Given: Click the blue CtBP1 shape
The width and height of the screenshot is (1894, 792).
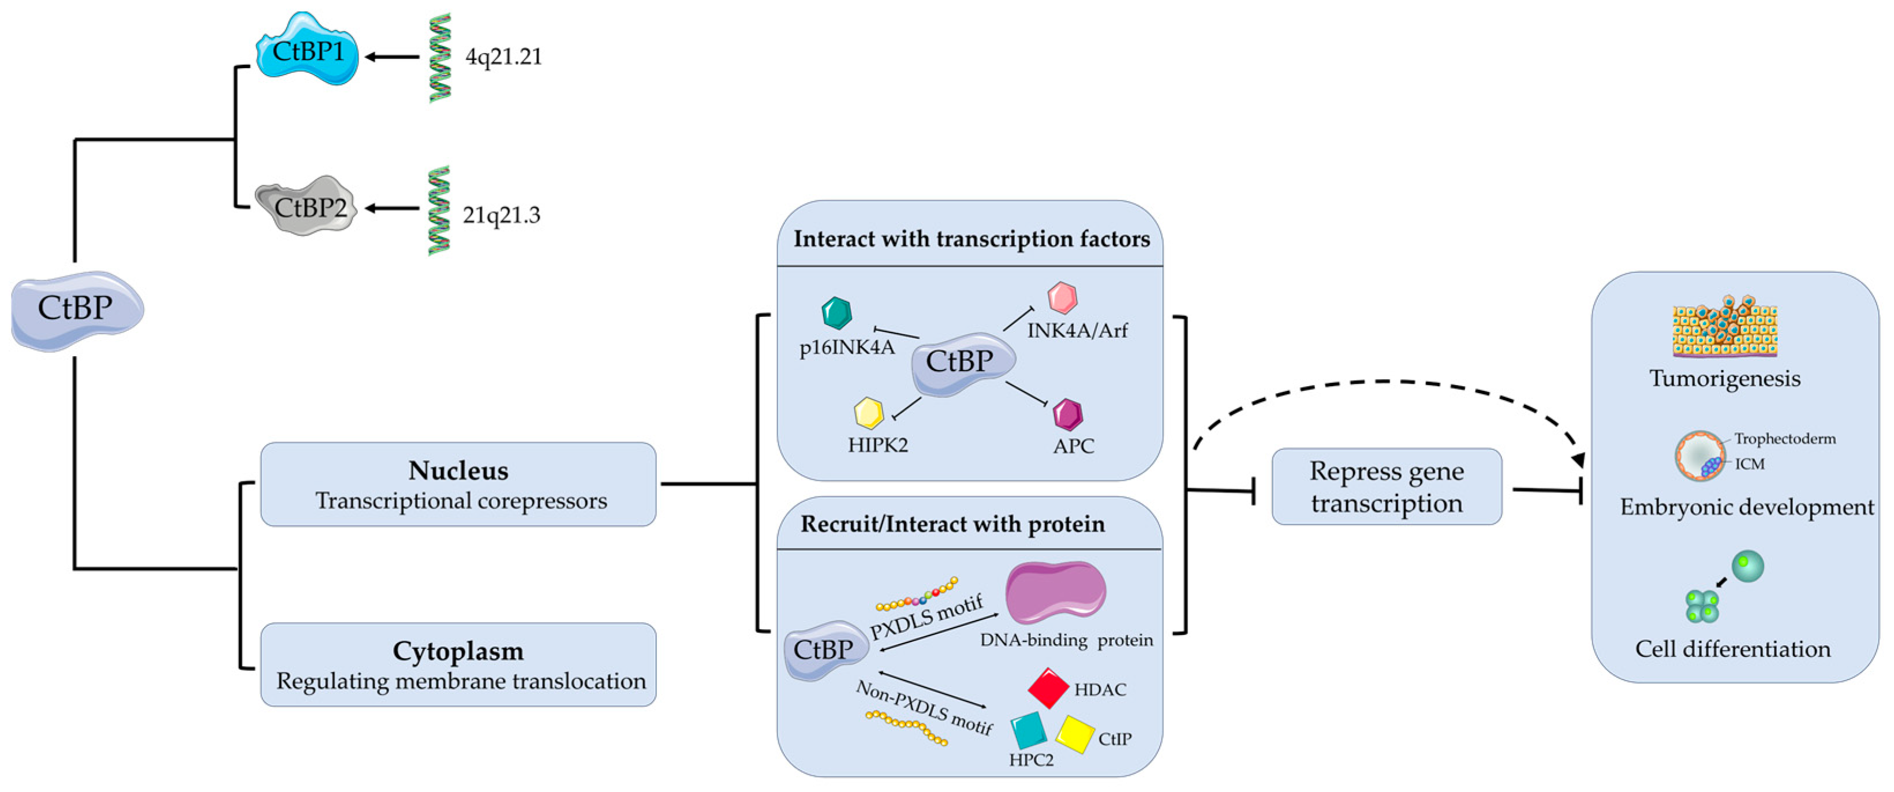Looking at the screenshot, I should [307, 50].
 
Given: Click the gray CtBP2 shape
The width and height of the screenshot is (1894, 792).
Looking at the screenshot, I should [307, 206].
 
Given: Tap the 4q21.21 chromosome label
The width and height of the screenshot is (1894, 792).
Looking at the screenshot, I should [503, 57].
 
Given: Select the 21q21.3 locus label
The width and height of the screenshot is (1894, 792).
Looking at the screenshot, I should [502, 215].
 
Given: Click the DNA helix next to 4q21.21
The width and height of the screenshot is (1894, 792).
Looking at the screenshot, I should [440, 57].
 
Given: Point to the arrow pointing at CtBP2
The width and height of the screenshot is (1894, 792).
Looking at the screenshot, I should [393, 208].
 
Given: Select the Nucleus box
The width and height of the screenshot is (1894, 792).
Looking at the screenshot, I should [458, 484].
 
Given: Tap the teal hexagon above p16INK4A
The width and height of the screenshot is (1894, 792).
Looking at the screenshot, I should [836, 312].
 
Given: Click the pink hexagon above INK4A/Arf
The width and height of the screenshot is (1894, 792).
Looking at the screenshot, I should [1062, 298].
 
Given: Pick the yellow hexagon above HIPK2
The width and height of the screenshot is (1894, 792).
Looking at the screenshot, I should [868, 413].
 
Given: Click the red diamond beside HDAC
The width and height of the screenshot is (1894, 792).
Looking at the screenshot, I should [1048, 688].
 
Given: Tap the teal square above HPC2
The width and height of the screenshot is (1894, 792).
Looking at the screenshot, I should [1028, 730].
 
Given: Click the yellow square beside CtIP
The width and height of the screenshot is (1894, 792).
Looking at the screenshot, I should [1075, 734].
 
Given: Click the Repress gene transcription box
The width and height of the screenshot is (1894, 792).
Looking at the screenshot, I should [1387, 486].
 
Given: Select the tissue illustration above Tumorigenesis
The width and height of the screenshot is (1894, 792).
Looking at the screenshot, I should [1725, 327].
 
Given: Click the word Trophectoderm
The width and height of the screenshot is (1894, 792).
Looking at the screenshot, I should [1785, 439].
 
